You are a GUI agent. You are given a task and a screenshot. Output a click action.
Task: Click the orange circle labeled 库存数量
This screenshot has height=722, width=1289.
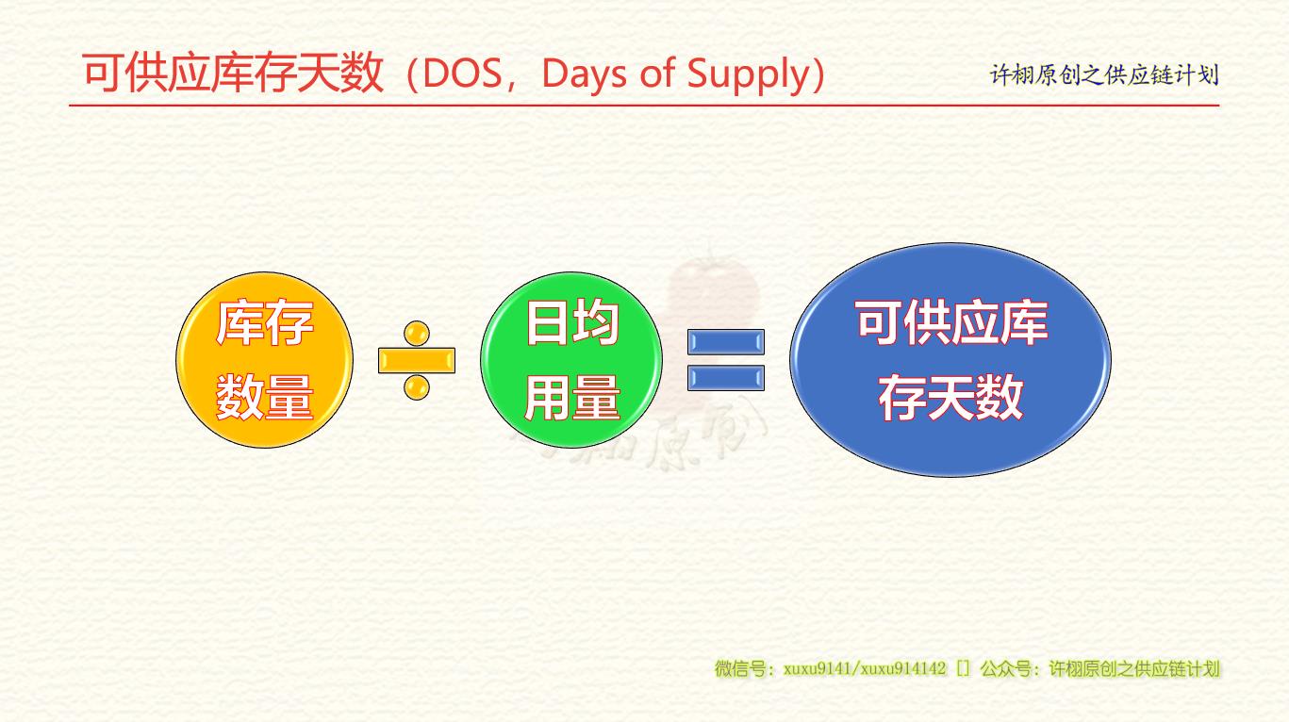pos(265,360)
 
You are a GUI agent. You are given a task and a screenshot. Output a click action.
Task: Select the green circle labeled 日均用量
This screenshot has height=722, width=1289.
pos(571,360)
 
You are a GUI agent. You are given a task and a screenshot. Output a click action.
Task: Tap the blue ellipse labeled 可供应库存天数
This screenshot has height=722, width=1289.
pos(950,360)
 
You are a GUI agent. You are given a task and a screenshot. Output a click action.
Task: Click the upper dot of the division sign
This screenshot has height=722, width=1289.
pos(417,333)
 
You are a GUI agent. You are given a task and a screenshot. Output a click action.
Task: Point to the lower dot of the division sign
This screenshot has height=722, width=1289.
pos(417,387)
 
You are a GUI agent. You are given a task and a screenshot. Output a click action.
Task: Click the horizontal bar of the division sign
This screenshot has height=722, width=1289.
pos(417,360)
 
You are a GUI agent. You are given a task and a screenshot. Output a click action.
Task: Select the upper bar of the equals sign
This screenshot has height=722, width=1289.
pos(726,342)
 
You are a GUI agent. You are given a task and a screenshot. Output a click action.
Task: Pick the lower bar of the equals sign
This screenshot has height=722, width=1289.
pos(726,378)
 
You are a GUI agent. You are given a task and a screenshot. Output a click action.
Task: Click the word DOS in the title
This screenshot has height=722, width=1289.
pos(462,74)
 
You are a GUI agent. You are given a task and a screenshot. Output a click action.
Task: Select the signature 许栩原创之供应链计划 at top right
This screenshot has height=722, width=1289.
pos(1104,75)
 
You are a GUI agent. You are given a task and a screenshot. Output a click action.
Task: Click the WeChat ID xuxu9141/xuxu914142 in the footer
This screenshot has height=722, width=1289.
pos(865,668)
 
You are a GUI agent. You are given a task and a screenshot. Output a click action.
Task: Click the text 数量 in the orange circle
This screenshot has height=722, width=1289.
pos(265,397)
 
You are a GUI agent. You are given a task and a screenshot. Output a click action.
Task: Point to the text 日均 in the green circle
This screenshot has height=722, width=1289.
pos(571,322)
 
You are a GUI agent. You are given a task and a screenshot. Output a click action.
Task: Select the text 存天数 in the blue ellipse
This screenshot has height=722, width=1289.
pos(950,397)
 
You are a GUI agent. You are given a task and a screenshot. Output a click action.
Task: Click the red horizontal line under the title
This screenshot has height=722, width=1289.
pos(644,106)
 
